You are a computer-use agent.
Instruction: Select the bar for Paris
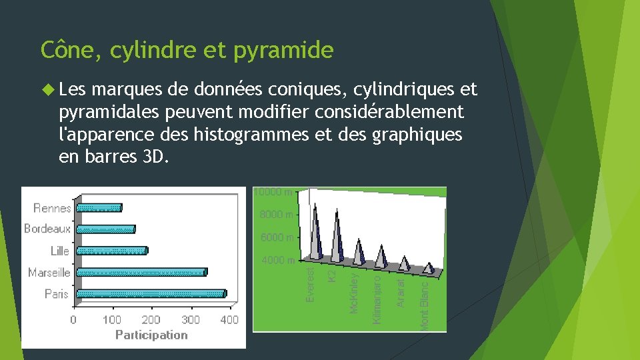pos(151,293)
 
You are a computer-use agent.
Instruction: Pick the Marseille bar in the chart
pos(141,272)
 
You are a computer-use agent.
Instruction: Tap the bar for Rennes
pos(99,207)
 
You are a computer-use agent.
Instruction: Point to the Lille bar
pos(111,251)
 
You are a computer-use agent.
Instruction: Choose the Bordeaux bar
pos(105,229)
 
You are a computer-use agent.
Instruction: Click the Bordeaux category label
pos(47,229)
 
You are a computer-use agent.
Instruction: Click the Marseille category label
pos(49,272)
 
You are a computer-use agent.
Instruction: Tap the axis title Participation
pos(151,335)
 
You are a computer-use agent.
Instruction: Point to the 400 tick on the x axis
pos(229,320)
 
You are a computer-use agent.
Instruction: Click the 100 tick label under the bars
pos(112,320)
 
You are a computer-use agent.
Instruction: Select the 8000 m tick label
pos(276,215)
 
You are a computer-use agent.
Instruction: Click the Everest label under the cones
pos(311,284)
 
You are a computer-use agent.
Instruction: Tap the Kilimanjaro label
pos(378,296)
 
